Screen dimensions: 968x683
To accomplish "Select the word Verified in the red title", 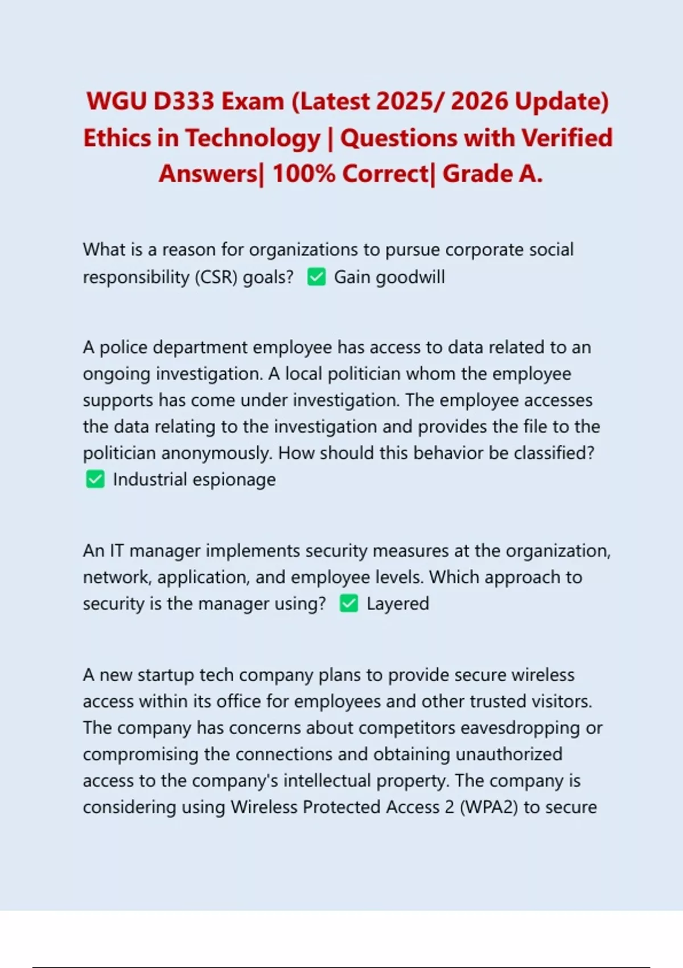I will [x=567, y=138].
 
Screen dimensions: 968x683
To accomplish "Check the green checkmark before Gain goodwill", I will [x=316, y=277].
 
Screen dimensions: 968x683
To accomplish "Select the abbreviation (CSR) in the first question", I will [x=216, y=277].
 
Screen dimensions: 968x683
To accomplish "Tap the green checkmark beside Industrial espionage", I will [x=95, y=479].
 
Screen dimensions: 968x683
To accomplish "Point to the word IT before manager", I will [x=116, y=551].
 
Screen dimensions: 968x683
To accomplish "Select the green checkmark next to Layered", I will [x=349, y=604].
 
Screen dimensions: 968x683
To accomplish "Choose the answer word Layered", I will [x=398, y=604].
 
